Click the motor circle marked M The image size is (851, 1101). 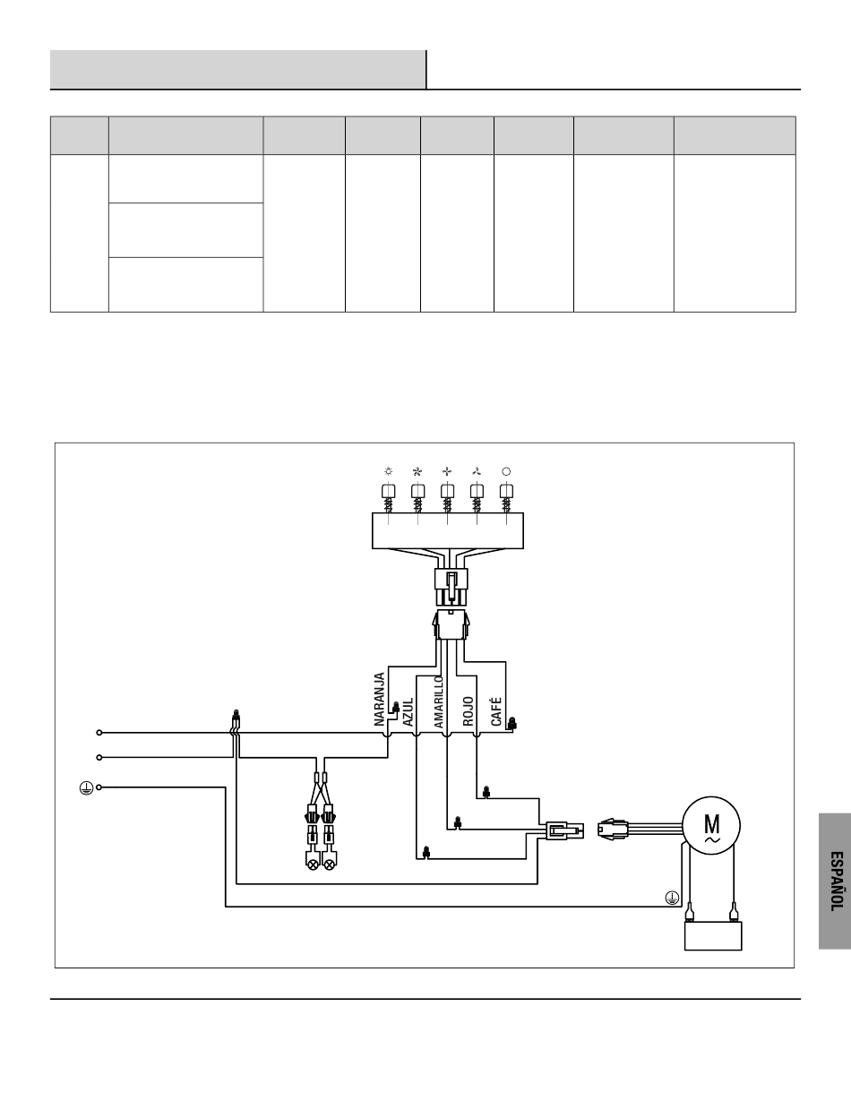point(710,825)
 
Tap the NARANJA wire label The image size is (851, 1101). point(380,699)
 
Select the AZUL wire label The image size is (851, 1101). point(408,711)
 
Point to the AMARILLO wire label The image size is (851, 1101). point(439,701)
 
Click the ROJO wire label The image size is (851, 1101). point(468,711)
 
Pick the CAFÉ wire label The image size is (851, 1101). point(496,711)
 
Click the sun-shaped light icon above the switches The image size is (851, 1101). point(389,471)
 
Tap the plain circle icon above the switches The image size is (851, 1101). point(506,471)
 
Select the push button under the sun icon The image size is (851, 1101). point(389,491)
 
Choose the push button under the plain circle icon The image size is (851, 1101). point(506,491)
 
